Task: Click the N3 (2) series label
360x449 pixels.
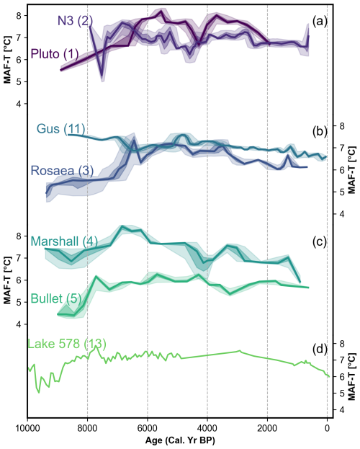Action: point(76,21)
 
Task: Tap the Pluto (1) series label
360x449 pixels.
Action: point(55,54)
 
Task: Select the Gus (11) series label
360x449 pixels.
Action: point(60,129)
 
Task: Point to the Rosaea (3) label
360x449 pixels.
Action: point(62,170)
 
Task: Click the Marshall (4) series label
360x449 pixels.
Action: point(64,241)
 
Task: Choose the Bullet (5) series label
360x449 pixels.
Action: point(56,298)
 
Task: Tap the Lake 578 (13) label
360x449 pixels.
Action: point(67,344)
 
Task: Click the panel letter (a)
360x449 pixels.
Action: point(320,21)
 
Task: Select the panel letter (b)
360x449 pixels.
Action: point(320,131)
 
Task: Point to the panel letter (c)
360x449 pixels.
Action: point(320,242)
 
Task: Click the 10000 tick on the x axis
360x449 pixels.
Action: point(27,428)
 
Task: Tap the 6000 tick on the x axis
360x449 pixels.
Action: point(148,428)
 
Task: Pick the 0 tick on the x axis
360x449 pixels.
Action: point(328,428)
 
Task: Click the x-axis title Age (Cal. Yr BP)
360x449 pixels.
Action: point(180,440)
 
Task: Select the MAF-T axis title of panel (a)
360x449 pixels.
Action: point(8,60)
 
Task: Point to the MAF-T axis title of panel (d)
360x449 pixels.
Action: point(352,376)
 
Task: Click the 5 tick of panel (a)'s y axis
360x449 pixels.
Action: point(18,81)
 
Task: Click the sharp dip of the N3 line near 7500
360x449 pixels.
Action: point(102,75)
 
